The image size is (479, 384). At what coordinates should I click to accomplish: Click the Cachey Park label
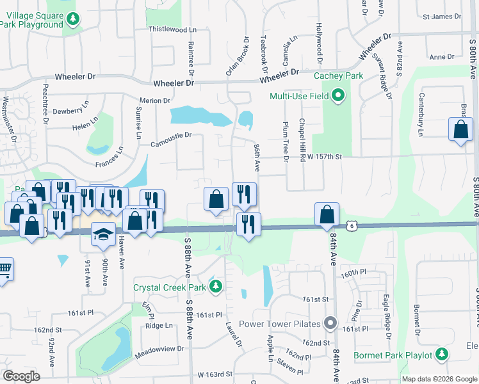(338, 76)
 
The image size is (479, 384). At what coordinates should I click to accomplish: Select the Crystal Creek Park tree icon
(216, 287)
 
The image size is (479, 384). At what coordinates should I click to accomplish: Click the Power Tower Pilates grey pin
(330, 323)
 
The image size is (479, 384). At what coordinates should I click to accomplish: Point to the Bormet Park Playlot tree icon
(441, 355)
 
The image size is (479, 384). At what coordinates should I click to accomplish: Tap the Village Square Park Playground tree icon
(73, 19)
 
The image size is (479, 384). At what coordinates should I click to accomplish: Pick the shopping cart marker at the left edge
(3, 269)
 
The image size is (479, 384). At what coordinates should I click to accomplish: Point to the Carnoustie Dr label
(171, 135)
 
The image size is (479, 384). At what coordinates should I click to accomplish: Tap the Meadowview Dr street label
(159, 349)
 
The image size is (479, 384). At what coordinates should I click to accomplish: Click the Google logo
(21, 376)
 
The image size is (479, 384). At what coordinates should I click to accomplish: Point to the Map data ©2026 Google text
(439, 379)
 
